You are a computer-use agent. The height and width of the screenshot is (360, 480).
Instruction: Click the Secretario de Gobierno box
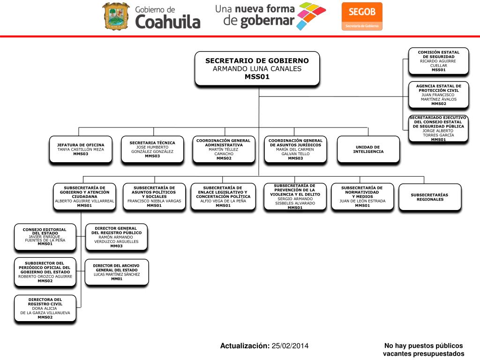tap(257, 68)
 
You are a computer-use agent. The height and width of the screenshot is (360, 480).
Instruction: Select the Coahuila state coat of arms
tap(116, 16)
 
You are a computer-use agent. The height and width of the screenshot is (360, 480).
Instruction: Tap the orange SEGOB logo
tap(361, 16)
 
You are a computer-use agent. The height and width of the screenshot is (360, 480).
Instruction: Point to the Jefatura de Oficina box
tap(81, 150)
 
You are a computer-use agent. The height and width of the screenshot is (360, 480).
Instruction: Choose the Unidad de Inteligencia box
tap(368, 150)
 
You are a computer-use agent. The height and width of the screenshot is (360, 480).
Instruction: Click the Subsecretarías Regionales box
tap(429, 197)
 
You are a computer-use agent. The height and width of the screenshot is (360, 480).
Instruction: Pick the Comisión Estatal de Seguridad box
tap(438, 61)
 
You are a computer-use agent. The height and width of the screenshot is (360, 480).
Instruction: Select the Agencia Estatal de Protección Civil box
tap(438, 95)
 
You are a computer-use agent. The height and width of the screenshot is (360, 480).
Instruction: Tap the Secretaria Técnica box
tap(152, 150)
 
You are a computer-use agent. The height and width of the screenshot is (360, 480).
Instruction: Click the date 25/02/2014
tap(290, 346)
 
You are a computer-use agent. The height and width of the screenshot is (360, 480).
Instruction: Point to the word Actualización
tap(245, 346)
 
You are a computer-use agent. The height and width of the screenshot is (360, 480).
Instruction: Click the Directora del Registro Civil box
tap(45, 308)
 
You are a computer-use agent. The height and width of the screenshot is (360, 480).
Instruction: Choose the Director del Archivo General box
tap(117, 272)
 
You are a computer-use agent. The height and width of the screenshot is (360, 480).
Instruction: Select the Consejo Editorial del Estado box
tap(45, 237)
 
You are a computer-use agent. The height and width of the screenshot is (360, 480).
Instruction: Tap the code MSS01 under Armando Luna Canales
tap(257, 77)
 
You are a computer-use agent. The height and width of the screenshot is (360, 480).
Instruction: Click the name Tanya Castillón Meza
tap(81, 150)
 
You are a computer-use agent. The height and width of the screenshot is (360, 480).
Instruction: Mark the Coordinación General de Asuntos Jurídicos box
tap(295, 150)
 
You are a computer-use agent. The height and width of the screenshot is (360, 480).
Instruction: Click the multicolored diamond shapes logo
tap(312, 16)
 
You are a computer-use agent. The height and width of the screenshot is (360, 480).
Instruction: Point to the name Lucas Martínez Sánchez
tap(117, 274)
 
